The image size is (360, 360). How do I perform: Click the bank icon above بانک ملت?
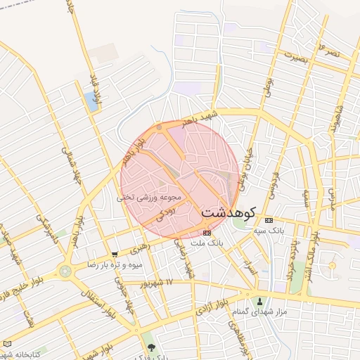206,232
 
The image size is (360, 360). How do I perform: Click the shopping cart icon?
115,255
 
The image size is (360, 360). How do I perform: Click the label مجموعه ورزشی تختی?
149,198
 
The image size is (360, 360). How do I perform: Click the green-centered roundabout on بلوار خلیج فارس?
65,271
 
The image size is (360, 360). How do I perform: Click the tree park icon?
150,347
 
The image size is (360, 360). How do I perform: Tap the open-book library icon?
8,344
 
